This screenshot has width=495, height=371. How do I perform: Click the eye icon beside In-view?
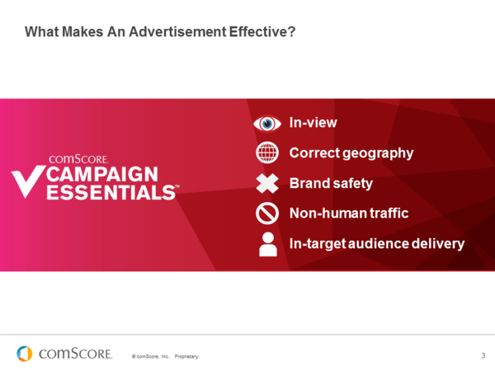pyautogui.click(x=266, y=123)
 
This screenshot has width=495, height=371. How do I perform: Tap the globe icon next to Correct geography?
pyautogui.click(x=266, y=153)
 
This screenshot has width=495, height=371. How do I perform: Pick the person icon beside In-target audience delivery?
pyautogui.click(x=266, y=244)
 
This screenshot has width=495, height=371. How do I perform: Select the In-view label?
pyautogui.click(x=313, y=123)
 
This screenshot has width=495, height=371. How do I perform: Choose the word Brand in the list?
pyautogui.click(x=309, y=184)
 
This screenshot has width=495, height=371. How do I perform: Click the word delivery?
pyautogui.click(x=438, y=244)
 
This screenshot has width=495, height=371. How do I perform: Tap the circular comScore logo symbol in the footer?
pyautogui.click(x=25, y=354)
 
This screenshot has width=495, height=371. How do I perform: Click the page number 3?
pyautogui.click(x=483, y=355)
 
